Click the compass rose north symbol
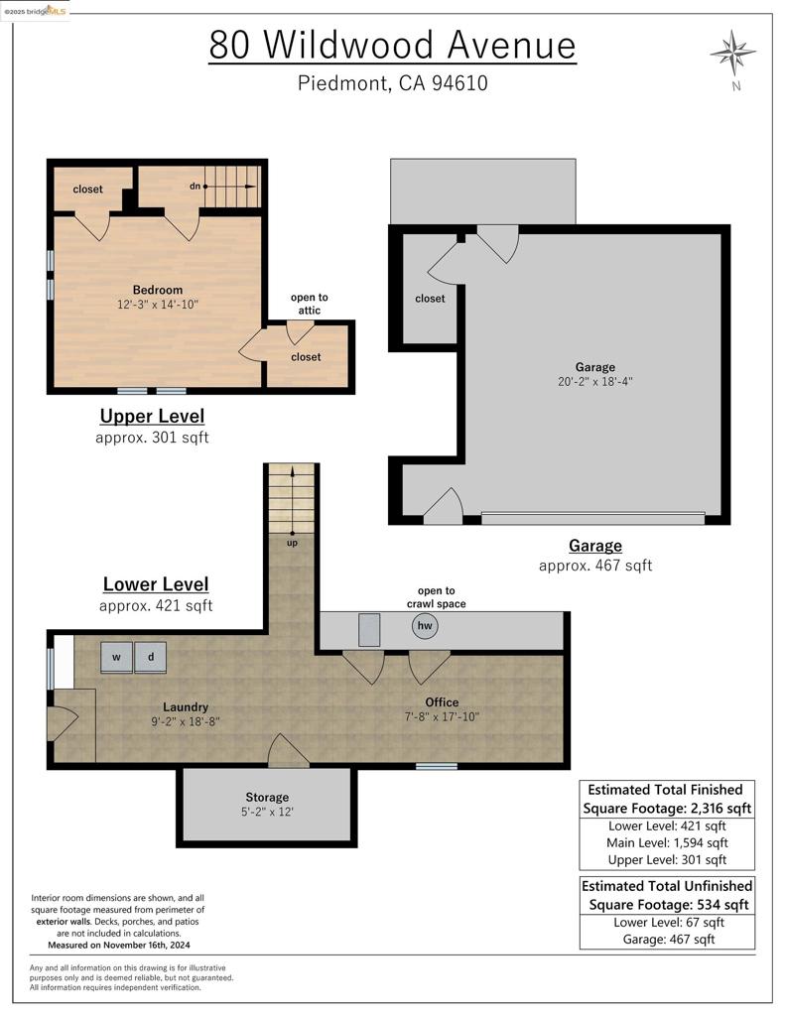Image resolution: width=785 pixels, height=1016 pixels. (x=732, y=53)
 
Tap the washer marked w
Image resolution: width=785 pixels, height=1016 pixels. (x=117, y=657)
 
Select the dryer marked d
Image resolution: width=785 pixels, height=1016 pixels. (x=151, y=657)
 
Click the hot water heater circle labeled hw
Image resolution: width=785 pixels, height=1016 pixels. (x=425, y=625)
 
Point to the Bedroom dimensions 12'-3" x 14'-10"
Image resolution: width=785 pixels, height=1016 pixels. (x=158, y=305)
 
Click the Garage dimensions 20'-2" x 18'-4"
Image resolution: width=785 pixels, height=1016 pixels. (x=595, y=382)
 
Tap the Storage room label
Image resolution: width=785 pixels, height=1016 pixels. (x=267, y=798)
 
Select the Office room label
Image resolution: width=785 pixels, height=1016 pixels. (x=442, y=702)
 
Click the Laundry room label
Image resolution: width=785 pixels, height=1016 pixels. (x=186, y=706)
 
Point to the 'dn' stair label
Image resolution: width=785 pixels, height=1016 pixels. (x=196, y=187)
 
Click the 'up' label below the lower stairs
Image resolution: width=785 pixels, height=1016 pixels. (x=293, y=543)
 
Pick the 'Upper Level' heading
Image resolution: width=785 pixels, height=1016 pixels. (x=152, y=416)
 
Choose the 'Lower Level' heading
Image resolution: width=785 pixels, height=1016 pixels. (x=156, y=583)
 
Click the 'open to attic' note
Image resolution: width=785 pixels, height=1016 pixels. (x=310, y=304)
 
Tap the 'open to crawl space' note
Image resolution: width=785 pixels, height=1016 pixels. (x=437, y=597)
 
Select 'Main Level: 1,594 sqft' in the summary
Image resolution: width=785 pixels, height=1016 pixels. (x=667, y=843)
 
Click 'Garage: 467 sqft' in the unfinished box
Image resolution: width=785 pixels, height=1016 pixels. (x=668, y=939)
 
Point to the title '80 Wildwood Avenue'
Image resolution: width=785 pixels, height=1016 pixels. (x=392, y=46)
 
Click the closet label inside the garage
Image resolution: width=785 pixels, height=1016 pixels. (x=430, y=299)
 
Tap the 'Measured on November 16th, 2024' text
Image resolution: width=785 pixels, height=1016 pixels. (x=119, y=946)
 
